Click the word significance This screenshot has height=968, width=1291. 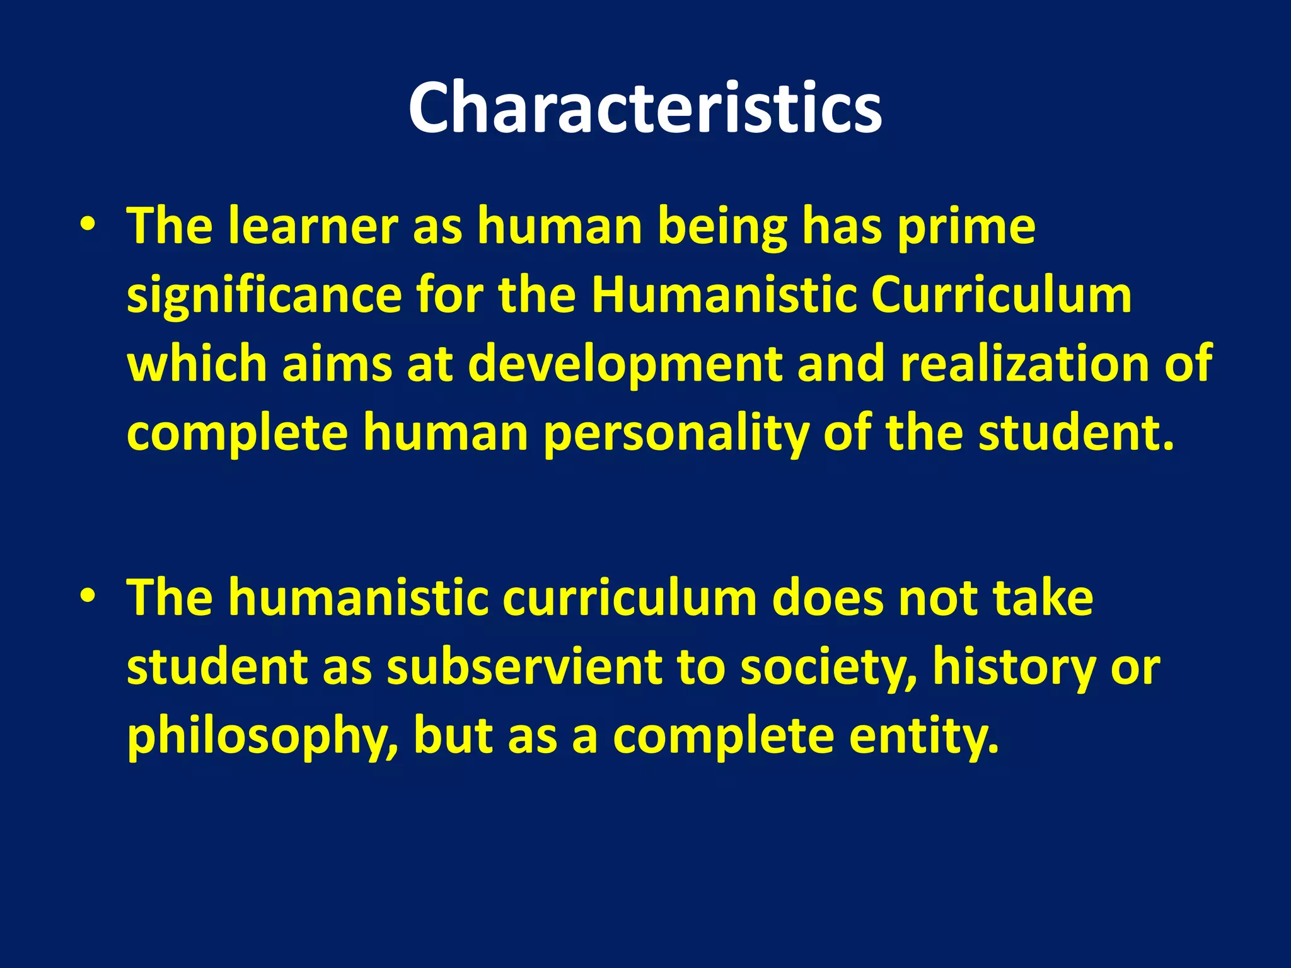pos(264,296)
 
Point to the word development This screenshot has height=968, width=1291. pos(625,366)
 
